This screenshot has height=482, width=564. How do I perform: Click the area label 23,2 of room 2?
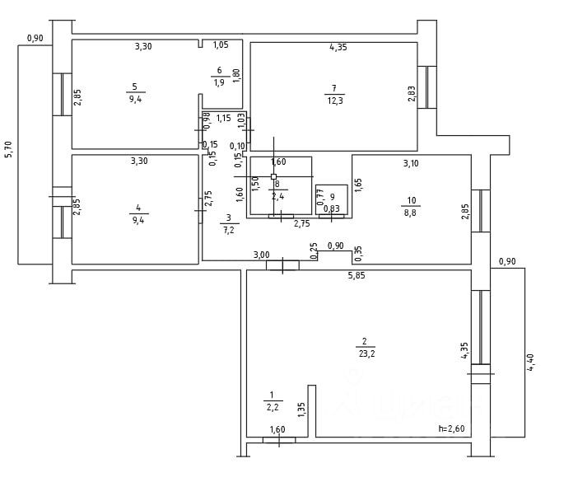(x=363, y=353)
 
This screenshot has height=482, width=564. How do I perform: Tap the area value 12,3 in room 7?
(x=333, y=100)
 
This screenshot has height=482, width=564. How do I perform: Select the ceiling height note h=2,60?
(x=452, y=428)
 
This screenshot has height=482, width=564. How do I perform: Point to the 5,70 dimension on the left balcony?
(x=9, y=150)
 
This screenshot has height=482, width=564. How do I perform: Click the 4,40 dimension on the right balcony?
(x=531, y=363)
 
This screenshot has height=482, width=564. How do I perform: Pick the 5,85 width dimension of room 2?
(x=357, y=275)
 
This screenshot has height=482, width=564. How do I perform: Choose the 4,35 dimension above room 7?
(x=338, y=48)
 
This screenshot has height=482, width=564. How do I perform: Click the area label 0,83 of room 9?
(x=332, y=208)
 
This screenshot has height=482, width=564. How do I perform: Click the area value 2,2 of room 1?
(x=273, y=407)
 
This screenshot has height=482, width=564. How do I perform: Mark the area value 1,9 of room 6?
(x=219, y=82)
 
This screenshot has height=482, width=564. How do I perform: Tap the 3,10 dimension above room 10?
(x=410, y=163)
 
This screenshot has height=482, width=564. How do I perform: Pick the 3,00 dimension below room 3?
(x=261, y=255)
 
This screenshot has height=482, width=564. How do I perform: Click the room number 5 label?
(x=134, y=87)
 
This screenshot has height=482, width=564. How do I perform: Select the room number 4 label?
(x=138, y=208)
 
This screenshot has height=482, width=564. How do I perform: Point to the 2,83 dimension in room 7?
(x=412, y=93)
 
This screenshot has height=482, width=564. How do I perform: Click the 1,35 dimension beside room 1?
(x=302, y=409)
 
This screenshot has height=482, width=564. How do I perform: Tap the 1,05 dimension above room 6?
(x=221, y=45)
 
